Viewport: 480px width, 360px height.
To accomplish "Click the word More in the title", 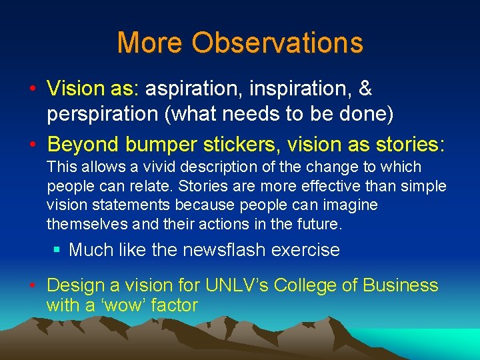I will [150, 43].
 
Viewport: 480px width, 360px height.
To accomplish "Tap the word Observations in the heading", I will [277, 43].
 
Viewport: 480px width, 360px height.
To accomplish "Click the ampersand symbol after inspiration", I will [365, 89].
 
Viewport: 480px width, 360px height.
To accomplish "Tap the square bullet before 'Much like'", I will [57, 251].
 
